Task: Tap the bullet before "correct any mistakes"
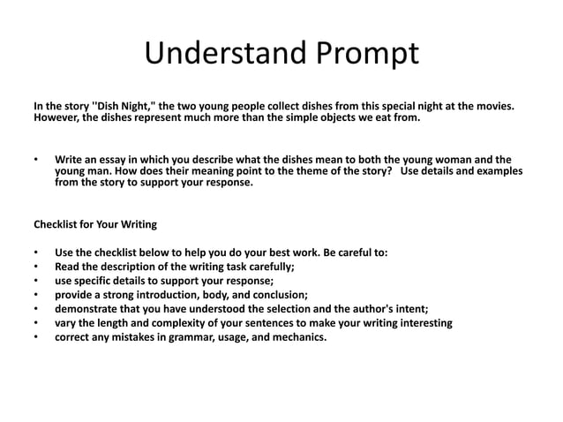click(x=36, y=336)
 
